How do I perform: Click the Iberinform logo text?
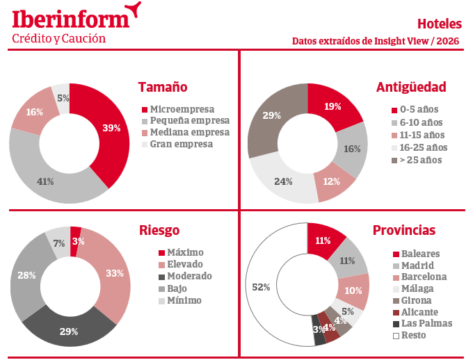70,17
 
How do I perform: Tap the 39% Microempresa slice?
112,128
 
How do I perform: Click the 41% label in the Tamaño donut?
45,181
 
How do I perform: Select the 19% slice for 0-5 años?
332,107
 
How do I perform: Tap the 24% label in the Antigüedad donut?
283,181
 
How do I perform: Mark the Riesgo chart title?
159,230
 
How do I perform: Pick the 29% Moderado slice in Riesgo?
68,331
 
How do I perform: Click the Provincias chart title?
404,230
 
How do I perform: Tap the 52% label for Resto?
261,287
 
